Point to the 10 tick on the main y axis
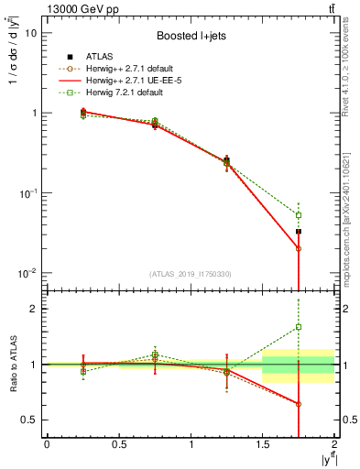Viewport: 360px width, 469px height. pos(32,32)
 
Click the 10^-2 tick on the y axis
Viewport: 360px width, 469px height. pos(29,273)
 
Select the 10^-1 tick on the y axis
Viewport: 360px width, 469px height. pos(29,193)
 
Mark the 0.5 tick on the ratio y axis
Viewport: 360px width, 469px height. pos(31,420)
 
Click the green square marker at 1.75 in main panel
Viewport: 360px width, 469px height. pos(299,215)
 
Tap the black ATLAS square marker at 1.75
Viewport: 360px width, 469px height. pos(299,232)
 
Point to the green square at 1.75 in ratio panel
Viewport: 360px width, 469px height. pos(299,327)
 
